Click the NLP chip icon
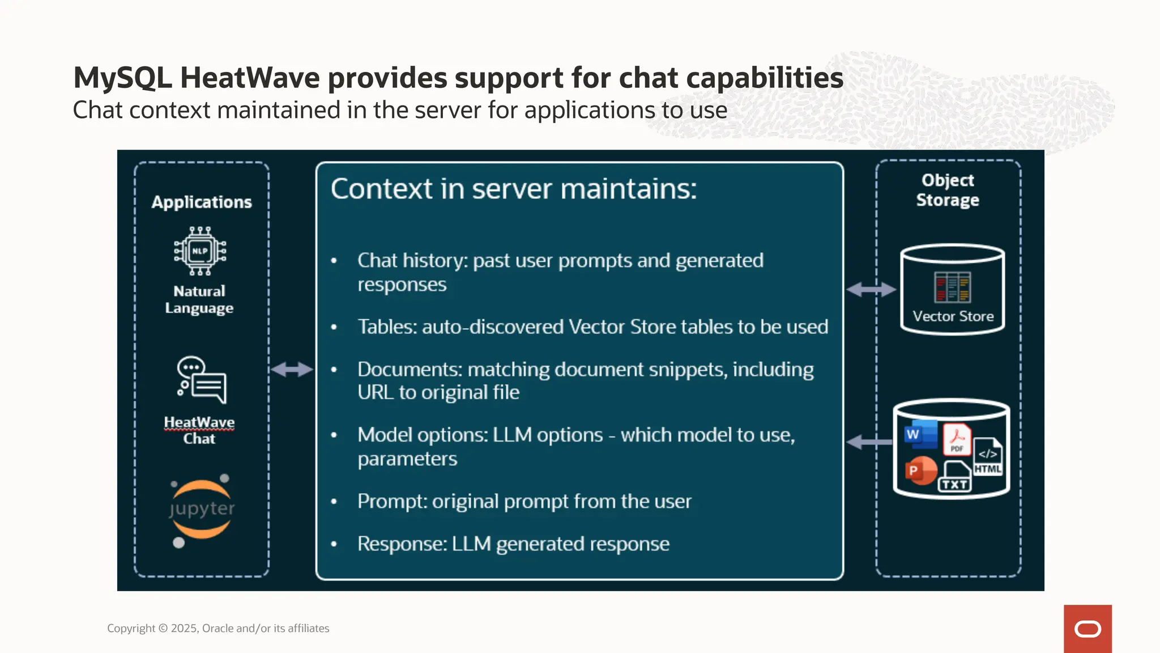[x=200, y=251]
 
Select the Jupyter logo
[x=202, y=509]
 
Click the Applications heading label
[x=202, y=202]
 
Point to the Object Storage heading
[x=948, y=190]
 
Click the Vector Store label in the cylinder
[x=953, y=316]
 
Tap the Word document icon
[x=919, y=435]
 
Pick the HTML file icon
[x=988, y=456]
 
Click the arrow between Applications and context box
[x=292, y=370]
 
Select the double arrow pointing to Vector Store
[x=871, y=290]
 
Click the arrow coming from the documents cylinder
[x=868, y=442]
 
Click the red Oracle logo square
[x=1087, y=629]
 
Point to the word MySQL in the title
[x=122, y=78]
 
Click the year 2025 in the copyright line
[x=184, y=628]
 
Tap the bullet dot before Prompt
[x=334, y=502]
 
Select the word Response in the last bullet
[x=402, y=544]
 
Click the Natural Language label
[x=199, y=299]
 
